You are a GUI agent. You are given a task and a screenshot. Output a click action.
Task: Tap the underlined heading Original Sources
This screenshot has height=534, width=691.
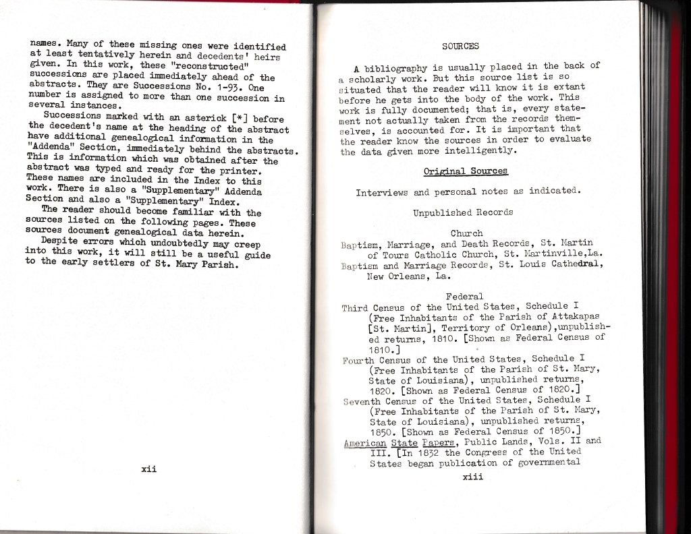(465, 172)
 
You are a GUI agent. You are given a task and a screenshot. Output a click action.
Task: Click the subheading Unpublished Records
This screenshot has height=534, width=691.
(463, 212)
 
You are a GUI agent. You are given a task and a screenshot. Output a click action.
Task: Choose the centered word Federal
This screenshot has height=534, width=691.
(464, 296)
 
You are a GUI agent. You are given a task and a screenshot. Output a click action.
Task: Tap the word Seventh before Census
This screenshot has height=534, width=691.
(364, 400)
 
